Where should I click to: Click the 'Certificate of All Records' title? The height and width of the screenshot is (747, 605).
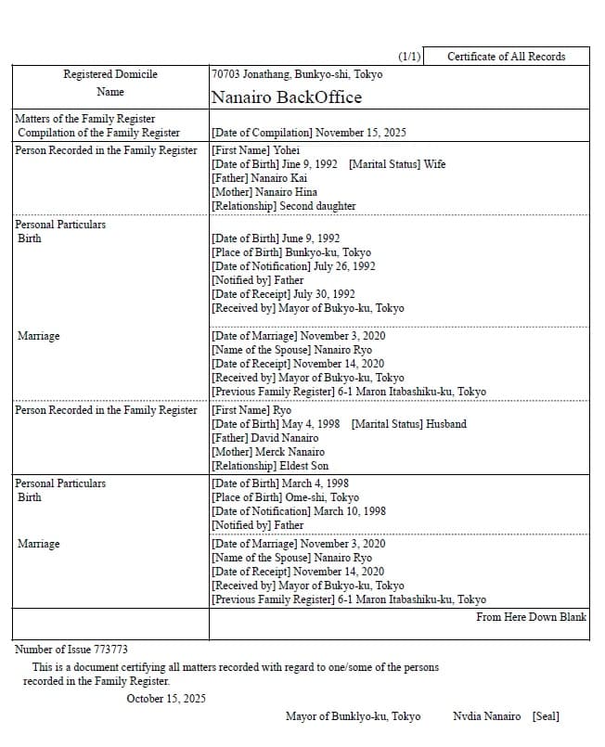(506, 57)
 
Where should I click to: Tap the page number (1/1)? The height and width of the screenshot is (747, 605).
(409, 57)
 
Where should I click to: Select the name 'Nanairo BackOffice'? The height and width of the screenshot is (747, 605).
(286, 97)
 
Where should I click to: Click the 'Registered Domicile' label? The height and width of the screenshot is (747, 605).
(110, 74)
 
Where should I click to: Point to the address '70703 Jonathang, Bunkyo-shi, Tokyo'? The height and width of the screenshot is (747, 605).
(296, 74)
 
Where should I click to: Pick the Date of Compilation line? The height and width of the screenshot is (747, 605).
(308, 133)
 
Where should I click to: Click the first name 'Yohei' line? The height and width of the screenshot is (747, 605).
(255, 150)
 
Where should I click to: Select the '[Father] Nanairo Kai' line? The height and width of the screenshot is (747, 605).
(259, 178)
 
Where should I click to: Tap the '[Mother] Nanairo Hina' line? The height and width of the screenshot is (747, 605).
(264, 192)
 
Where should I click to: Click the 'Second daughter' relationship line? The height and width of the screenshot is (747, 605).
(283, 206)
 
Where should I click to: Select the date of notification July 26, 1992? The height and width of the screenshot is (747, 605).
(293, 266)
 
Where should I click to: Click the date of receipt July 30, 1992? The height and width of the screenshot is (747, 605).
(283, 294)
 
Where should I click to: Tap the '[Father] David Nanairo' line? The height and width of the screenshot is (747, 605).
(264, 438)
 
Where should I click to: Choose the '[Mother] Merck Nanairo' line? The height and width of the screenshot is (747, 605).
(268, 452)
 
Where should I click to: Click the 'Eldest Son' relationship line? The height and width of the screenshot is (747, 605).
(270, 466)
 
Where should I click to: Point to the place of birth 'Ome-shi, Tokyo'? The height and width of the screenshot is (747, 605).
(285, 497)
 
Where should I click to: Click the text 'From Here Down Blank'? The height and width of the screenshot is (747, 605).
(531, 617)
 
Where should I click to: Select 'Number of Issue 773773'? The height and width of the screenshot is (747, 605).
(71, 650)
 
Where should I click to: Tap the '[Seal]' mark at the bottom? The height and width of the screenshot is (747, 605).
(546, 716)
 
